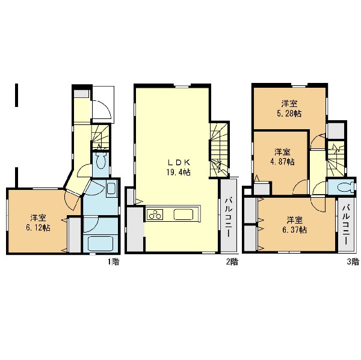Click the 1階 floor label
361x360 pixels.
(x=114, y=262)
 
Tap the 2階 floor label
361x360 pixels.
(x=232, y=262)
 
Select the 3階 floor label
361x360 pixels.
(x=353, y=262)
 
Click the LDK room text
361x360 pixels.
(x=179, y=163)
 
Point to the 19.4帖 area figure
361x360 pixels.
(x=179, y=172)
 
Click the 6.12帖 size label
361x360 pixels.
(x=39, y=228)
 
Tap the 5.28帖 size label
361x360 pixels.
(x=289, y=114)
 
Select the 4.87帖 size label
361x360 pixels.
(x=282, y=162)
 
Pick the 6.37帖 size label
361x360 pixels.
(x=294, y=230)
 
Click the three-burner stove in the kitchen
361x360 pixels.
(x=155, y=215)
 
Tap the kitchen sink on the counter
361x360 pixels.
(x=184, y=215)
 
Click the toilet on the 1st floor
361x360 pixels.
(x=100, y=160)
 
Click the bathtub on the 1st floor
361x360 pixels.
(x=100, y=244)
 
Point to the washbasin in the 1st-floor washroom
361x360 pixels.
(x=112, y=188)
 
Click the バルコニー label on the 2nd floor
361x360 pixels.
(x=229, y=217)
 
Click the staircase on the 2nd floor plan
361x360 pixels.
(x=220, y=150)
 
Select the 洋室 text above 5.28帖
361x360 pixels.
(x=289, y=104)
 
